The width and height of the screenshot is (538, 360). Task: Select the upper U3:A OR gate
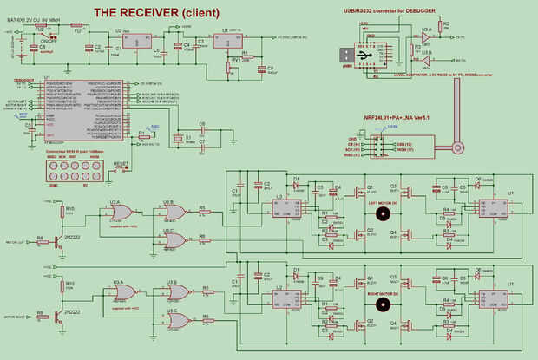point(121,212)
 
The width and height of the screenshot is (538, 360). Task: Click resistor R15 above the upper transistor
point(62,211)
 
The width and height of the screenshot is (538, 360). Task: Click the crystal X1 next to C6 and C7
point(180,138)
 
